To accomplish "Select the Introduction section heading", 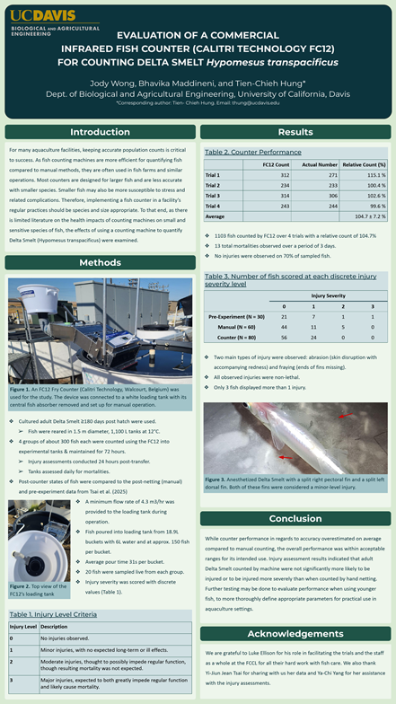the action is click(100, 131).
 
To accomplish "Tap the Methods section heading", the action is click(100, 263).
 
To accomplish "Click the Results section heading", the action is click(295, 131).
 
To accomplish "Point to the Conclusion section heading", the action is click(295, 518).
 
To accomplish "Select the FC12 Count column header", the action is click(279, 164).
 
